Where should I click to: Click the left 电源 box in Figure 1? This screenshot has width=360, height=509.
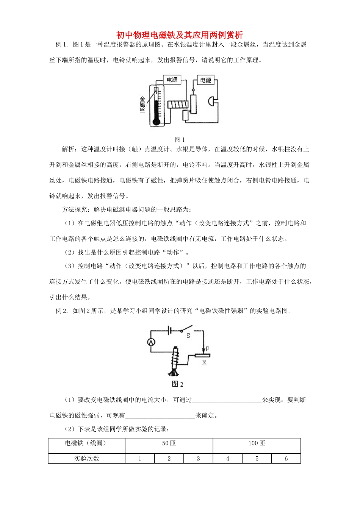click(x=172, y=80)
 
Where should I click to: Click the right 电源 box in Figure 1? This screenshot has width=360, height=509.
click(x=206, y=80)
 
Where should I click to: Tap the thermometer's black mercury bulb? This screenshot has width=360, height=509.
click(x=155, y=122)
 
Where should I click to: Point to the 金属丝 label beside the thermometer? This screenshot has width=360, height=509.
click(x=142, y=104)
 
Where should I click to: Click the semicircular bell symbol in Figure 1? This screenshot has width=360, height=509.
click(x=211, y=101)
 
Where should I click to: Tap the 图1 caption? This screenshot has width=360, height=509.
click(x=180, y=140)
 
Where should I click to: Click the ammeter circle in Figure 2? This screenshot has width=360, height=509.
click(x=151, y=342)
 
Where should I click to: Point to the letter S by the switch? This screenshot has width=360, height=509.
click(x=188, y=336)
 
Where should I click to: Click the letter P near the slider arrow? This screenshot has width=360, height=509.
click(x=208, y=349)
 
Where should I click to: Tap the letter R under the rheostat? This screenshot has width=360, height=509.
click(x=204, y=362)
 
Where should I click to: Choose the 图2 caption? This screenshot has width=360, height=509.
click(x=178, y=384)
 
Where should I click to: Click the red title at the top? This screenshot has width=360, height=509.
click(x=179, y=35)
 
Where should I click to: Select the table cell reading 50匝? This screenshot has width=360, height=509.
click(x=169, y=443)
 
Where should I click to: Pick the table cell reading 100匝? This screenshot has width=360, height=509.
click(x=257, y=443)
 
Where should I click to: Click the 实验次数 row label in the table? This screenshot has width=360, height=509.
click(x=86, y=459)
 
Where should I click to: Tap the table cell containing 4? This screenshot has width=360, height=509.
click(x=228, y=459)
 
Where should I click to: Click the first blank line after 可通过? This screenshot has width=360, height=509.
click(x=227, y=400)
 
